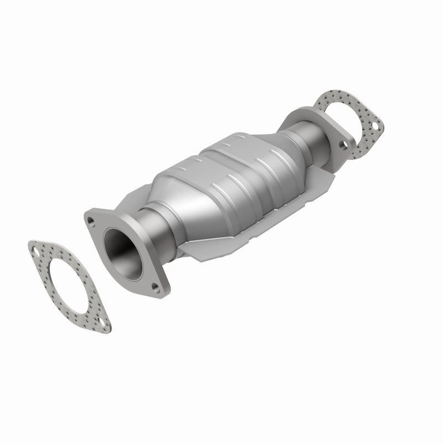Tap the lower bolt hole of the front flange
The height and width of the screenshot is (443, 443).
(x=155, y=287)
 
